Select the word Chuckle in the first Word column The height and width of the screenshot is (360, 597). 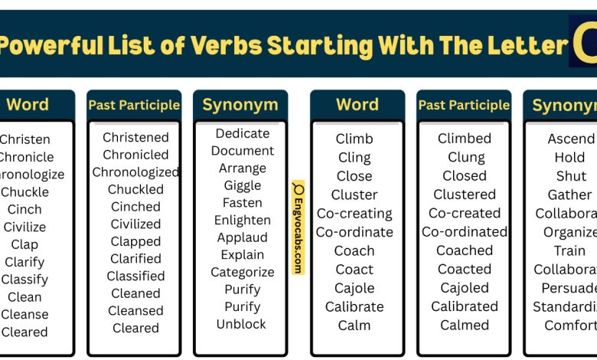pos(24,192)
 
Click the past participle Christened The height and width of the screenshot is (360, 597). pos(135,137)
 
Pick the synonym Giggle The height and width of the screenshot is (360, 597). pos(243,185)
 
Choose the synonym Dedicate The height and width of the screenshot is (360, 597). pos(243,133)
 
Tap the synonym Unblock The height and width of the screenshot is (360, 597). pos(243,324)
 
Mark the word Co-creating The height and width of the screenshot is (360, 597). pos(354,214)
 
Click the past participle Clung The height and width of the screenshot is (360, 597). pos(465,158)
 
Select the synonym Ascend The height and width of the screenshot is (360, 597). pos(571,139)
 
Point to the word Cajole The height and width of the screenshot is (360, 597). pos(354,288)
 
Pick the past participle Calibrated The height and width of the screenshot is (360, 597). pos(465,306)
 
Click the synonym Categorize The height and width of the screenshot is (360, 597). pos(243,272)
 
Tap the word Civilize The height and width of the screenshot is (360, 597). pos(24,227)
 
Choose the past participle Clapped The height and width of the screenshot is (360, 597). pos(135,241)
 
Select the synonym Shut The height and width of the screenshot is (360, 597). pos(571,176)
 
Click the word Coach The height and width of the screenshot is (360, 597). pos(354,250)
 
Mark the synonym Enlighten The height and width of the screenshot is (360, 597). pos(243,220)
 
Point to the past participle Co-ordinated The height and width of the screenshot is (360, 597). pos(465,232)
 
